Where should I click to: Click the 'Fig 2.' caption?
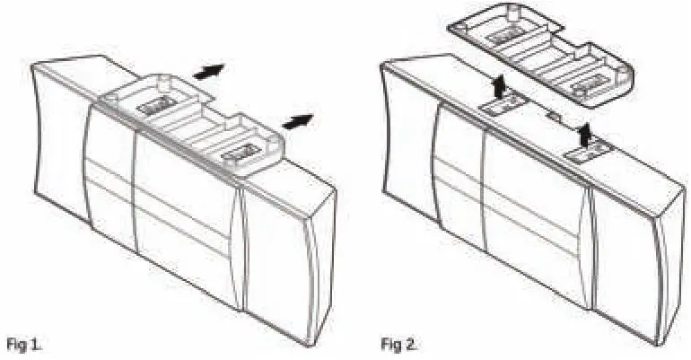(x=401, y=344)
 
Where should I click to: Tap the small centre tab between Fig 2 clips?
(x=554, y=118)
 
